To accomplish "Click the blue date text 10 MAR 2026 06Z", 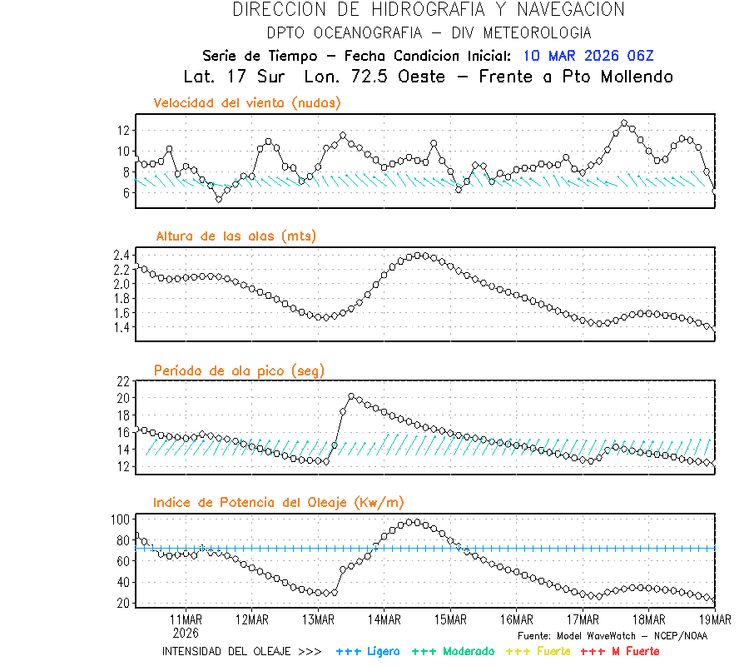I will (588, 56).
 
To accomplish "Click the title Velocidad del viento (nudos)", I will (247, 103).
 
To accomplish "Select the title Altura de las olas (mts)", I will (236, 236).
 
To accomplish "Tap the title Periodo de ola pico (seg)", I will (239, 370).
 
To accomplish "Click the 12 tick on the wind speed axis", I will (123, 130).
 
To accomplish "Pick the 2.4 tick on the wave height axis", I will (120, 255).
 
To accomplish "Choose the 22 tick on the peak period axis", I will (123, 381).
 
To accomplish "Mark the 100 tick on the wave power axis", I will (120, 519).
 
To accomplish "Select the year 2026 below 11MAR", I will (186, 631).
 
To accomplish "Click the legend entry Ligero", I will (368, 651).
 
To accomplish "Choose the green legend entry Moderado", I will (453, 651).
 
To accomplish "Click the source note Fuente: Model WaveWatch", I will (613, 635).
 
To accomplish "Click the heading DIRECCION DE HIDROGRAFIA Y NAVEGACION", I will (429, 10).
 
